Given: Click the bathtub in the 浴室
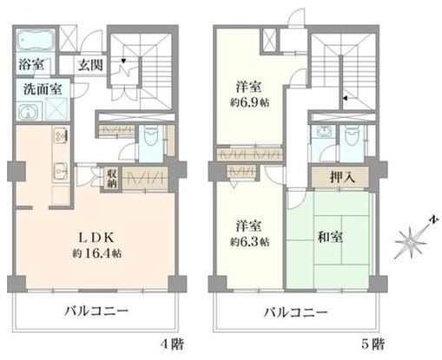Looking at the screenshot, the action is pos(36,40).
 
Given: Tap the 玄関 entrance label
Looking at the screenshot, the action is pos(90,65).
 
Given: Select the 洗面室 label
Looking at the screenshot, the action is pos(43,89).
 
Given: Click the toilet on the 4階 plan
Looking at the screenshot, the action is pos(150,136).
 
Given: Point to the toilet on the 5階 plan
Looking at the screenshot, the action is pos(351,135).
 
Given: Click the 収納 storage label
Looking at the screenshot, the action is pos(111,179).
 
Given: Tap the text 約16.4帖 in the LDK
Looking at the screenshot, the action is pos(96,253).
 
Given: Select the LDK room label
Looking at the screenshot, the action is pos(96,238).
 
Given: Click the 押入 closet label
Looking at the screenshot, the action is pos(342,177).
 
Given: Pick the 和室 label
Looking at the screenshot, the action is pos(330,237).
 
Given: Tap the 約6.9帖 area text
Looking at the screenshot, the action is pos(249,102).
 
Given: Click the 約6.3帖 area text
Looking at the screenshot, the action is pos(249,242).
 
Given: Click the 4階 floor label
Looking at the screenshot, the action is pos(172,344).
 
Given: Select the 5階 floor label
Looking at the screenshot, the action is pos(373,344).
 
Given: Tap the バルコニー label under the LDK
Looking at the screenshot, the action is pos(96,311).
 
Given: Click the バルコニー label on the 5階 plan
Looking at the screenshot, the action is pos(295,312).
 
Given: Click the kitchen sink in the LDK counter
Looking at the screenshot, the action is pos(61,171).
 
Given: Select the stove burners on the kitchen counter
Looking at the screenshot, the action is pos(61,135).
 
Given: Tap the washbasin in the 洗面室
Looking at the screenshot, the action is pos(28,112).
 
